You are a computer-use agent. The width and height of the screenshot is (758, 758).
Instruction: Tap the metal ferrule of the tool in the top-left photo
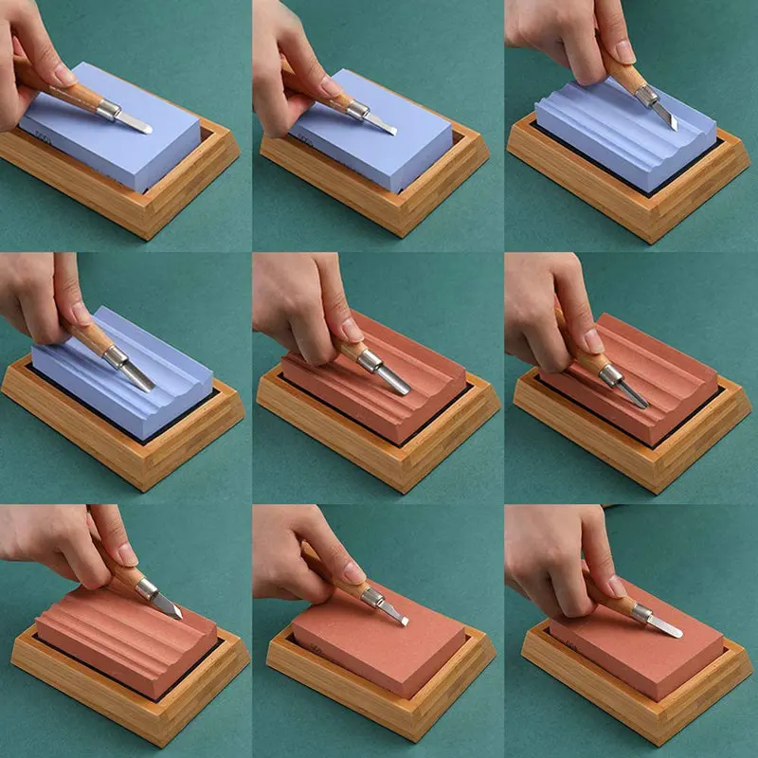click(108, 110)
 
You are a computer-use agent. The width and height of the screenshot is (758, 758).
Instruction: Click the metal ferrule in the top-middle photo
click(357, 110)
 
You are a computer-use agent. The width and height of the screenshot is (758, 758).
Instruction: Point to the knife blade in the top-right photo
click(667, 117)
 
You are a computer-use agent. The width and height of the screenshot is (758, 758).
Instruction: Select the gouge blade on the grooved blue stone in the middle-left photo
click(137, 376)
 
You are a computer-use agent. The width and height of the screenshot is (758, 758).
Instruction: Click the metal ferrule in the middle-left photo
click(116, 357)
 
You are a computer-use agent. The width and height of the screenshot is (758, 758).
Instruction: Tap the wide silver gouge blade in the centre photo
click(390, 379)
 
